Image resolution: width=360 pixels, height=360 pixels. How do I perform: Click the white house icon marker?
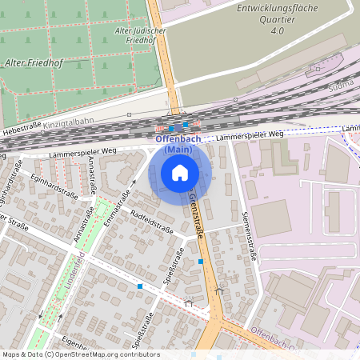click(180, 172)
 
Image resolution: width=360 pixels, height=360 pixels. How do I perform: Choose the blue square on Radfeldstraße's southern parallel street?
click(140, 286)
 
